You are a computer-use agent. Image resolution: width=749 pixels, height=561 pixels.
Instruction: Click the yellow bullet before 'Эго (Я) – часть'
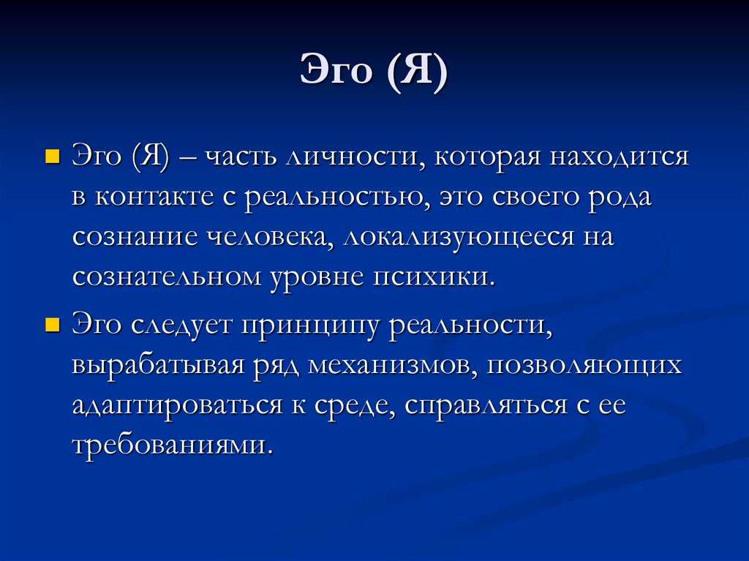click(52, 157)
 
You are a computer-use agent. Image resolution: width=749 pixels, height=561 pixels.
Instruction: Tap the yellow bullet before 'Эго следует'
click(52, 325)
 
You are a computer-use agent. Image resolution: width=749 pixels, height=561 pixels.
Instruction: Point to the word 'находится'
click(619, 157)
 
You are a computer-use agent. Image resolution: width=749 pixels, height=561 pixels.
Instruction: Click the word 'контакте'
click(154, 197)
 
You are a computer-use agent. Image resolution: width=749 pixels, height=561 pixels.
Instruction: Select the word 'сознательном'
click(167, 278)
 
